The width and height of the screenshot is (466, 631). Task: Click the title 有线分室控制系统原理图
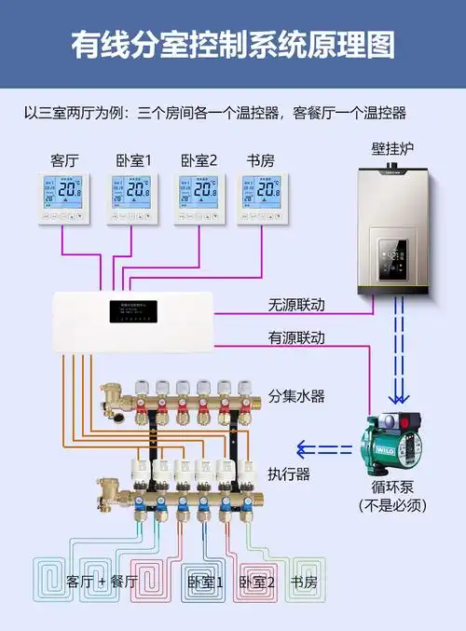tap(233, 44)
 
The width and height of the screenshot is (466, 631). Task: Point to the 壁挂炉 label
tap(391, 148)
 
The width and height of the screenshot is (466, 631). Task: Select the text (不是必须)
tap(391, 505)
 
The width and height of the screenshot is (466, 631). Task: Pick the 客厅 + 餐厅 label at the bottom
tap(103, 582)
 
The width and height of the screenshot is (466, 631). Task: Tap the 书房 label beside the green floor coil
tap(303, 582)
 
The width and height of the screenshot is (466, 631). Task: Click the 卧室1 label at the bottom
tap(206, 582)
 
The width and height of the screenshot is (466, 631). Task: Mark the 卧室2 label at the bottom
tap(257, 582)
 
